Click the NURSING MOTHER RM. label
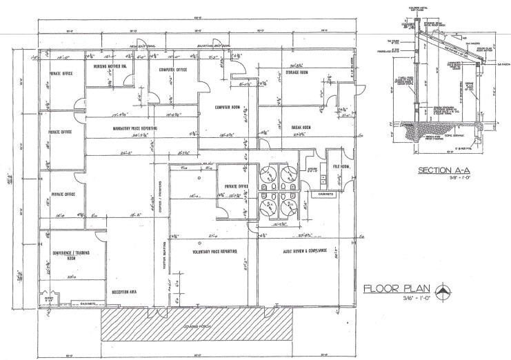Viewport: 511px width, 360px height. click(110, 66)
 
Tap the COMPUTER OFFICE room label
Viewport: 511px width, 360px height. click(173, 70)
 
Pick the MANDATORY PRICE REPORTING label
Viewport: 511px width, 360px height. click(136, 128)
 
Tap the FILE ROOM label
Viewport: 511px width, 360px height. click(343, 167)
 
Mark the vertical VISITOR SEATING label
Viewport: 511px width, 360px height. click(164, 266)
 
